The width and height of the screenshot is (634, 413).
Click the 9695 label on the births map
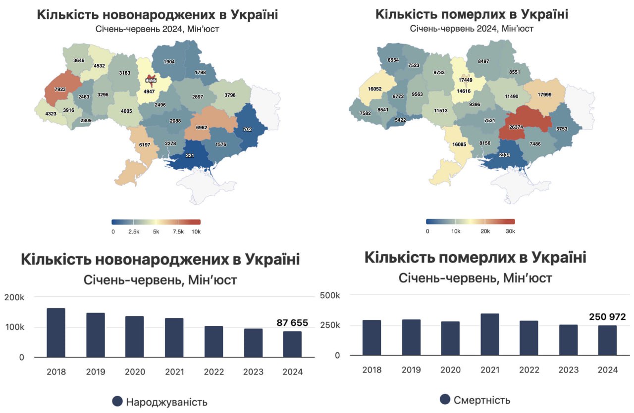tap(151, 80)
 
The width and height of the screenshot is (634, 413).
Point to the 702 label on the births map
tap(248, 129)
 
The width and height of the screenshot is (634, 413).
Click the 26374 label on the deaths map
tap(516, 127)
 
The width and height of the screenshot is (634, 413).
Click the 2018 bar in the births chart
tap(56, 332)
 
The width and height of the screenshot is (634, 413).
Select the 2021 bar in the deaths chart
tap(490, 334)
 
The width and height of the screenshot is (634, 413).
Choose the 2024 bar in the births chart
tap(292, 344)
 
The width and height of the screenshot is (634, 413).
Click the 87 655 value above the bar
tap(292, 323)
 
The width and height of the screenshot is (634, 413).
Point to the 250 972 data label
tap(607, 317)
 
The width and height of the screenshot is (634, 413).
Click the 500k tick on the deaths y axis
tap(330, 295)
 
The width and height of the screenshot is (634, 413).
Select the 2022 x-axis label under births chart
tap(213, 371)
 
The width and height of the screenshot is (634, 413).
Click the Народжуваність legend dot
tap(117, 401)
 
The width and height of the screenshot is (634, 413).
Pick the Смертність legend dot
tap(445, 399)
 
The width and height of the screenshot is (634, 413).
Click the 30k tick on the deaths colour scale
tap(511, 231)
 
